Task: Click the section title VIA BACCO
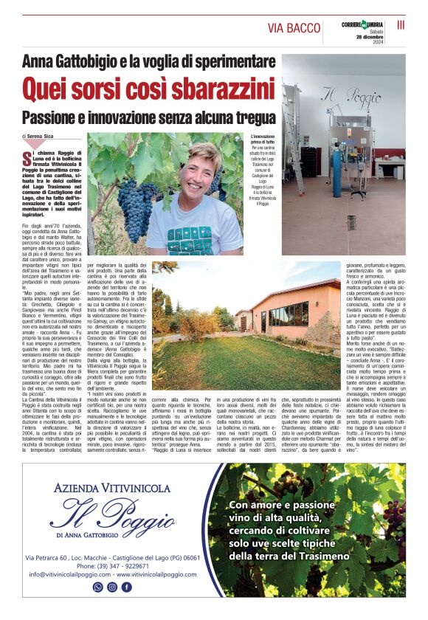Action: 294,28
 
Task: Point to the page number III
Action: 401,25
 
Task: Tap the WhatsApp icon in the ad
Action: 97,587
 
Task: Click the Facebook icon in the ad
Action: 127,587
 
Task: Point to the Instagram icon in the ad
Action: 112,587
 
